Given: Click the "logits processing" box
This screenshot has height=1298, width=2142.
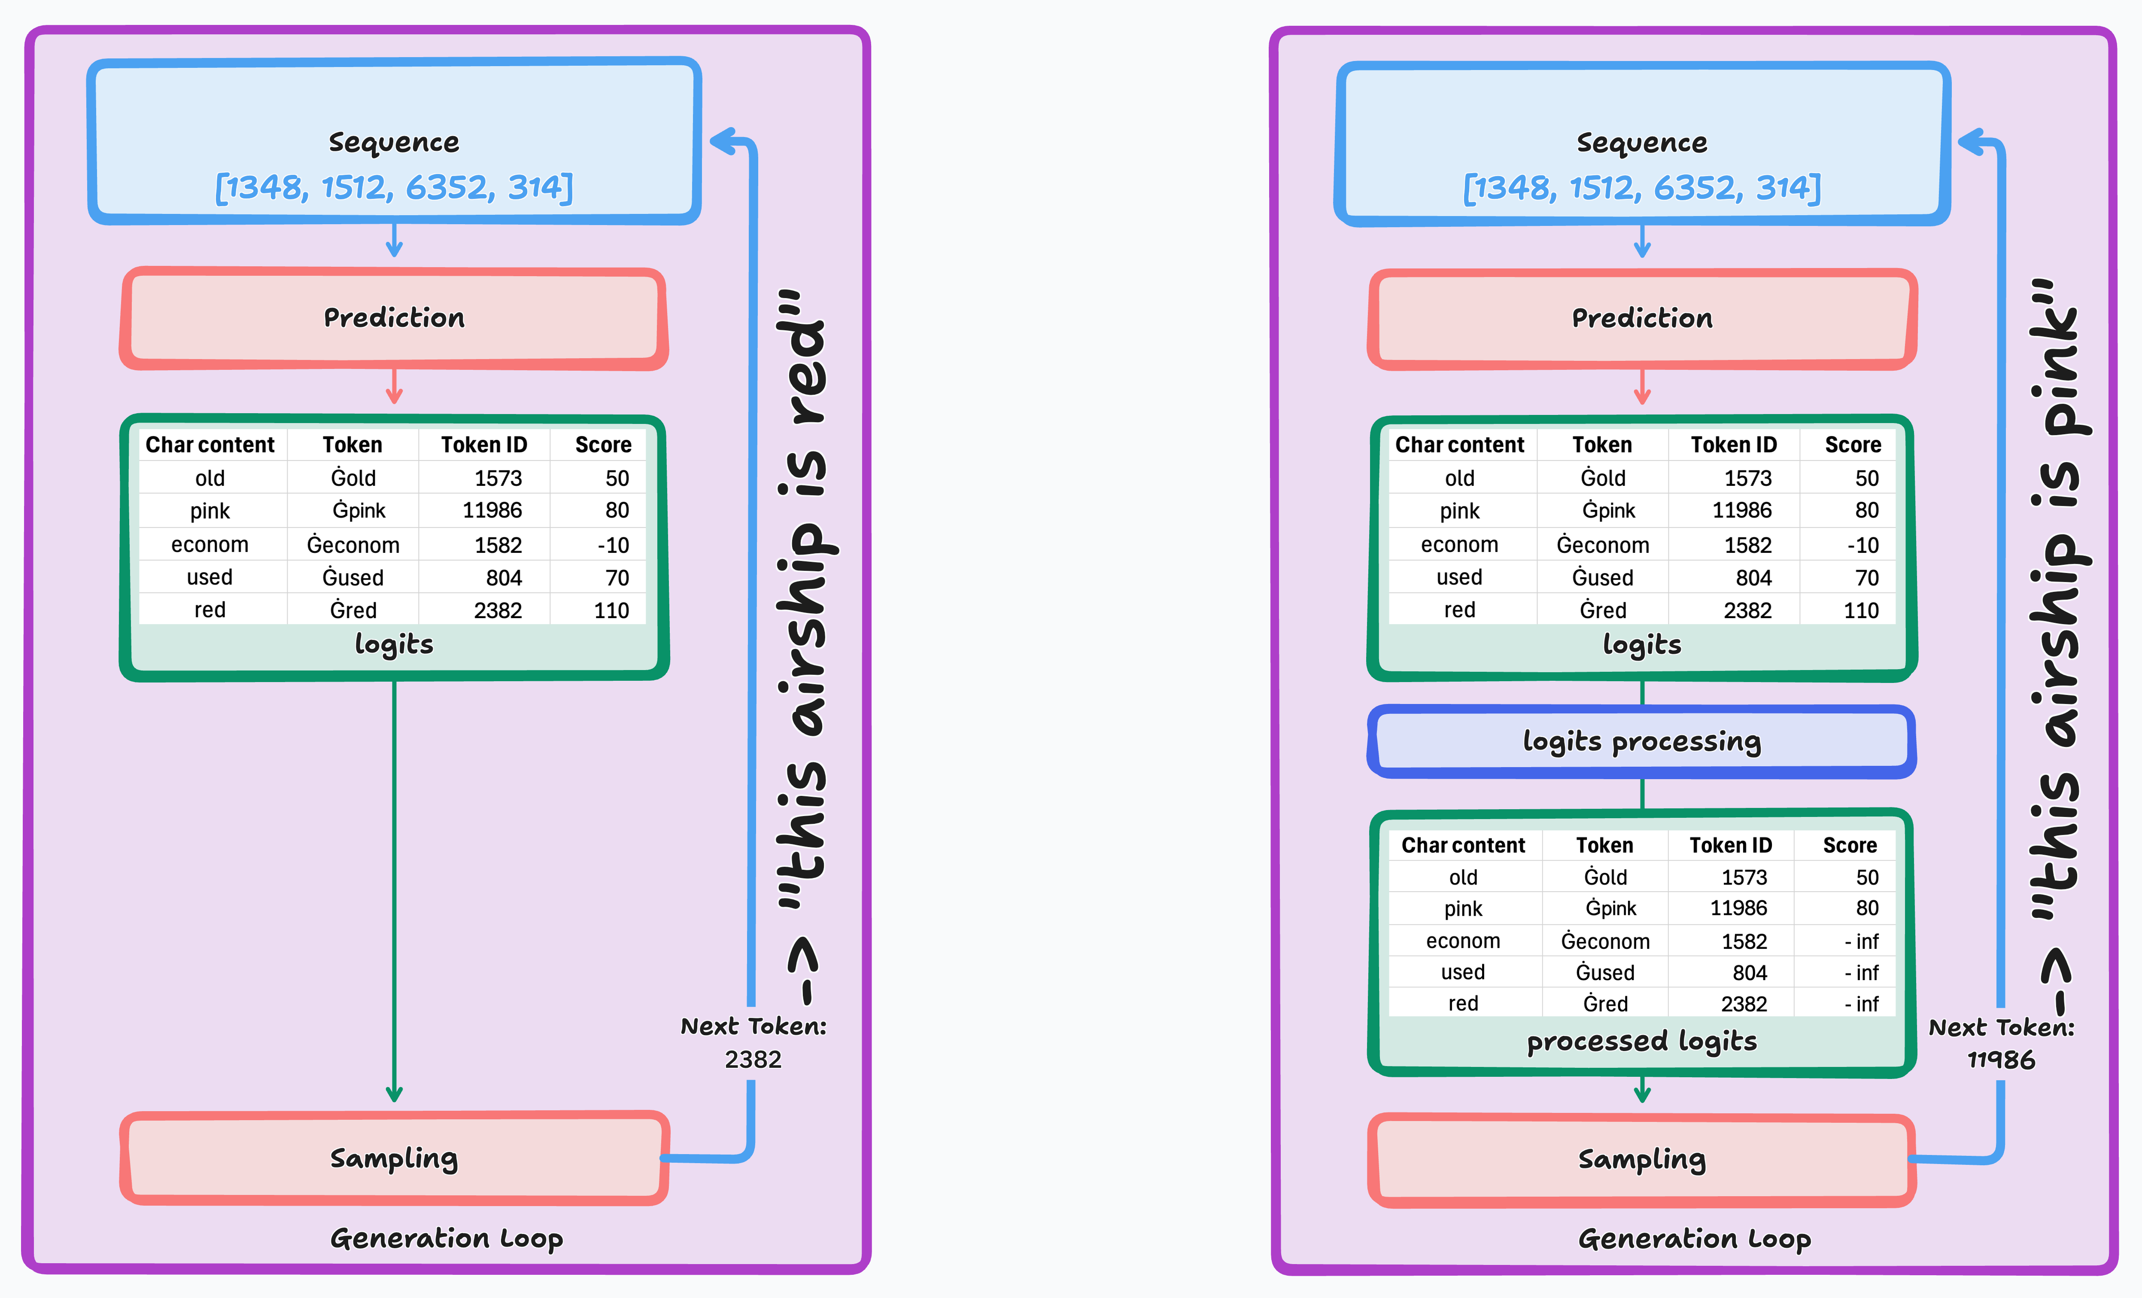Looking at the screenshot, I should [x=1641, y=742].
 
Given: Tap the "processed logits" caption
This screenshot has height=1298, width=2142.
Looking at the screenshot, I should [x=1641, y=1041].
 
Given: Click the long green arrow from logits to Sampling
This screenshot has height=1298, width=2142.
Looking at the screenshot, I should [x=394, y=887].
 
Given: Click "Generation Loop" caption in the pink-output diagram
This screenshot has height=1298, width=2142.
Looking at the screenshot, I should [x=1693, y=1238].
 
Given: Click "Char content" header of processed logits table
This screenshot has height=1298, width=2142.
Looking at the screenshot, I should [x=1463, y=845].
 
